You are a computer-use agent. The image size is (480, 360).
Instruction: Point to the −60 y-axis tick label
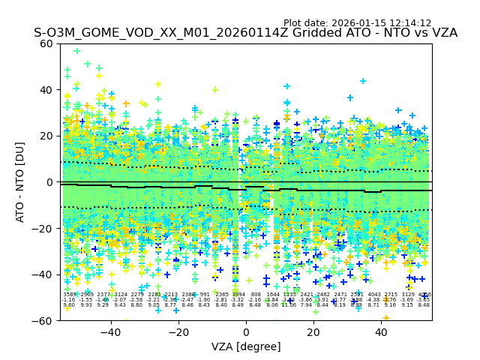tap(45, 320)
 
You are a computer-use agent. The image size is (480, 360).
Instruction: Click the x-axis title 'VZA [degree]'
tap(246, 346)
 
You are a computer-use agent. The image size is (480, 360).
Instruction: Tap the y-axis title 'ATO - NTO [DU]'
tap(21, 182)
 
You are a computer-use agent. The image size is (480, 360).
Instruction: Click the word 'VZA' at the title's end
tap(442, 34)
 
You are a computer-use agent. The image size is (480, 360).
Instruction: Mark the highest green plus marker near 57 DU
tap(76, 51)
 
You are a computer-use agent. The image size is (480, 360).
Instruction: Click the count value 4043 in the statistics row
tap(374, 295)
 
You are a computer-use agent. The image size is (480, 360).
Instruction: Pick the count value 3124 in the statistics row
tap(121, 295)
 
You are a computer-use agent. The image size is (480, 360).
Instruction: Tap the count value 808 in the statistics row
tap(256, 295)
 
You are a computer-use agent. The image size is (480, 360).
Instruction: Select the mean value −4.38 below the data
tap(374, 300)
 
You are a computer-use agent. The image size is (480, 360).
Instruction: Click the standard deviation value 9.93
tap(86, 305)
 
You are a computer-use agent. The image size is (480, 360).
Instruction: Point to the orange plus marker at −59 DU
tap(386, 318)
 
